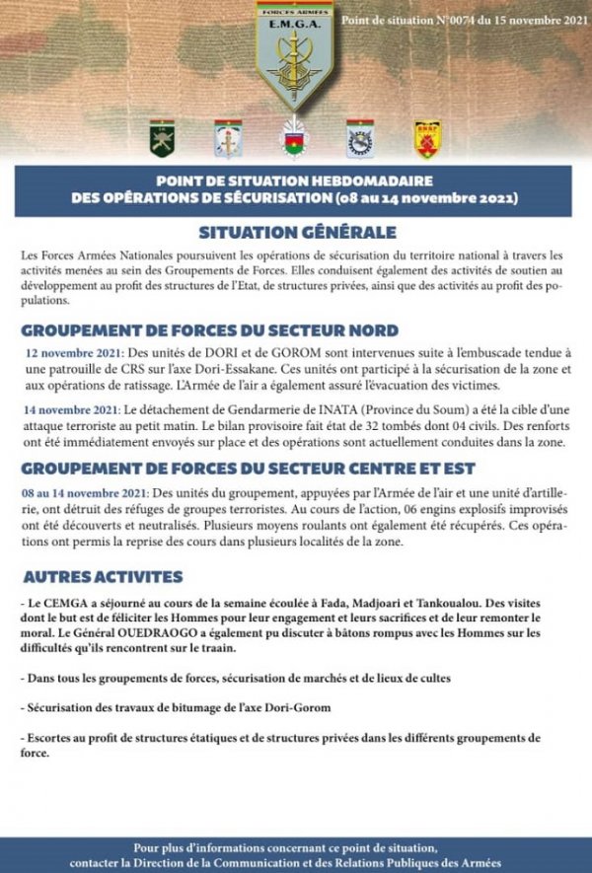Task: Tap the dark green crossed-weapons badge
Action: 162,139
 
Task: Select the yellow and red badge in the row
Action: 427,139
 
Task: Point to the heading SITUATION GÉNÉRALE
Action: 297,233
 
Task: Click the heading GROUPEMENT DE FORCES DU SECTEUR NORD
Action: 210,329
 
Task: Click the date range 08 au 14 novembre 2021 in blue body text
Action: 80,490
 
